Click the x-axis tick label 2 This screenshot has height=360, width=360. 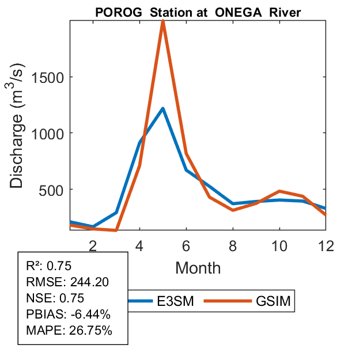(93, 246)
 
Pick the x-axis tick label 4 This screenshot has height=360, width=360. (139, 246)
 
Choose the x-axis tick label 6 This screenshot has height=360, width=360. (187, 246)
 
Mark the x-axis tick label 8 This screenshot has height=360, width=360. (233, 246)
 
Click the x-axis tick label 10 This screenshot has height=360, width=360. (280, 246)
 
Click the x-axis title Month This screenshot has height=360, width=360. (198, 268)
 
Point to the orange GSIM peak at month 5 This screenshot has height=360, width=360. (163, 22)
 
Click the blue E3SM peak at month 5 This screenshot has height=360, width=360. (163, 108)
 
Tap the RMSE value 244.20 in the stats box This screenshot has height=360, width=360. (89, 282)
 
